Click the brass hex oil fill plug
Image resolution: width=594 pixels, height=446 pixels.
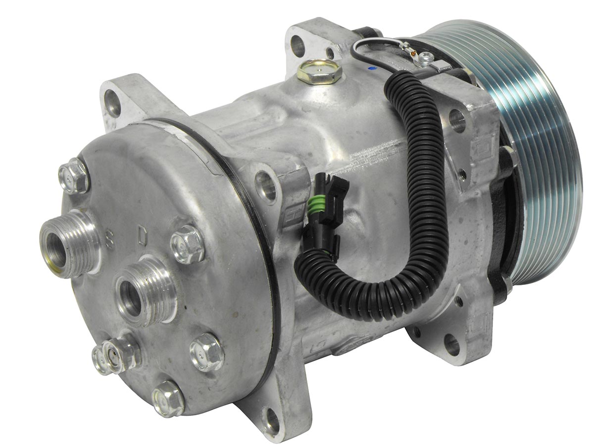coord(320,71)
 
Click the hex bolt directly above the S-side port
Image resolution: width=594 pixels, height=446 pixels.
coord(74,176)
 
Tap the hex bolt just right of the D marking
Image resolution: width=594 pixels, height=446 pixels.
coord(187,244)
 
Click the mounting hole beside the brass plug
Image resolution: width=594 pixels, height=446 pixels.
coord(297,46)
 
